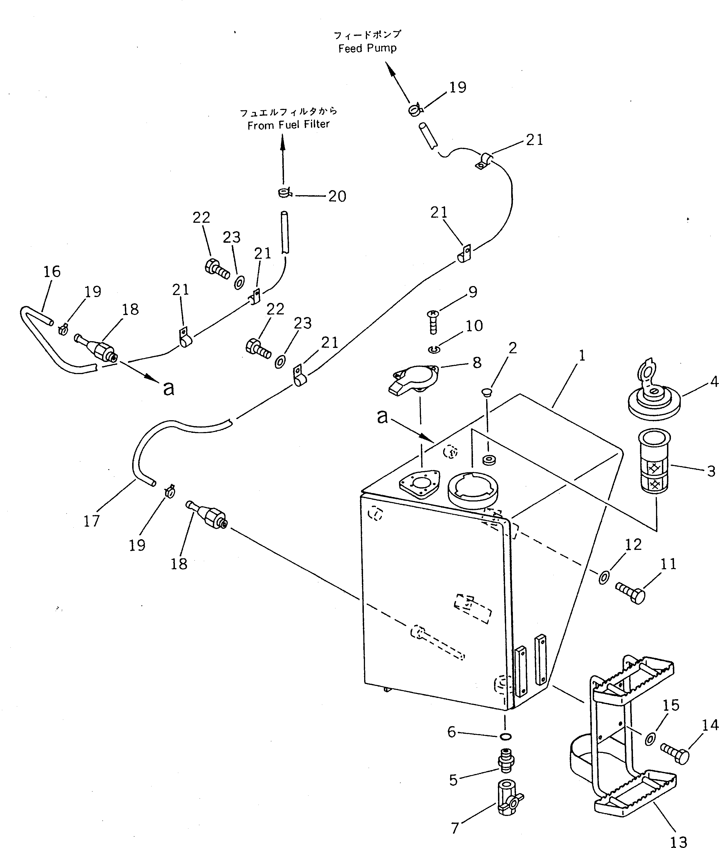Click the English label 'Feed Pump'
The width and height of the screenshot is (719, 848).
[367, 48]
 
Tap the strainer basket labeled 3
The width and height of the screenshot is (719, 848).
[653, 461]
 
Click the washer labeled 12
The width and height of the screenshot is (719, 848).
[604, 577]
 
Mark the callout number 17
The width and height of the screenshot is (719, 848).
[92, 521]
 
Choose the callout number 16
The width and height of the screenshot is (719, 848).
[52, 271]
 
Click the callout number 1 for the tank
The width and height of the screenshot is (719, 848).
[582, 356]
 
